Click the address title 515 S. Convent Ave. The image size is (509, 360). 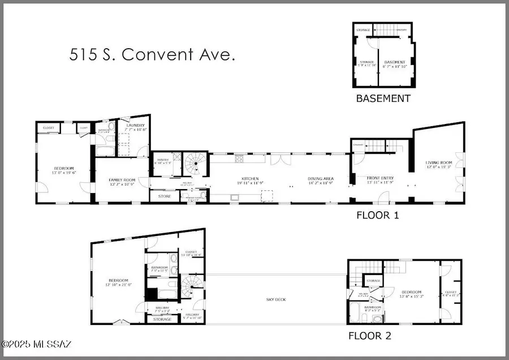152,55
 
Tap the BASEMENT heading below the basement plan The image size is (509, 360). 382,98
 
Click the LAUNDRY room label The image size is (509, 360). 136,126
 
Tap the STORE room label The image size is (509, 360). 164,196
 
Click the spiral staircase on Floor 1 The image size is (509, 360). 196,165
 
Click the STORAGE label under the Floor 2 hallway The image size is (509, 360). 162,319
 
